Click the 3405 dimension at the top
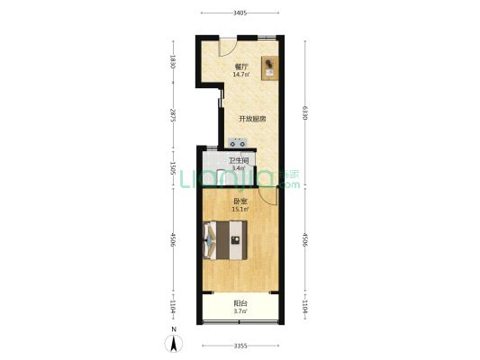point(240,13)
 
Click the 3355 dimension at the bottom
point(240,346)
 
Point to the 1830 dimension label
point(173,61)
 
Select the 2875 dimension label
point(173,115)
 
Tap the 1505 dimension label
point(173,168)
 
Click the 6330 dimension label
point(304,112)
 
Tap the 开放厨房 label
point(252,119)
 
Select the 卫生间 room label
point(239,160)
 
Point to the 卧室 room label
point(240,202)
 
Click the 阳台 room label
point(240,303)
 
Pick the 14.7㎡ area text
point(241,75)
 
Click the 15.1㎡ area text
point(240,209)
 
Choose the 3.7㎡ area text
point(240,311)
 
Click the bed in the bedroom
point(225,240)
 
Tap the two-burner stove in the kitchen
point(238,143)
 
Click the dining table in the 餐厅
point(269,67)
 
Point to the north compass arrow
point(174,343)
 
